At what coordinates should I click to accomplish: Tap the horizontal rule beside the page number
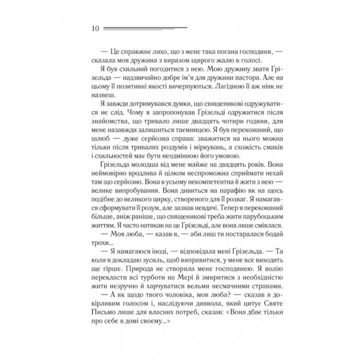144,28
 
